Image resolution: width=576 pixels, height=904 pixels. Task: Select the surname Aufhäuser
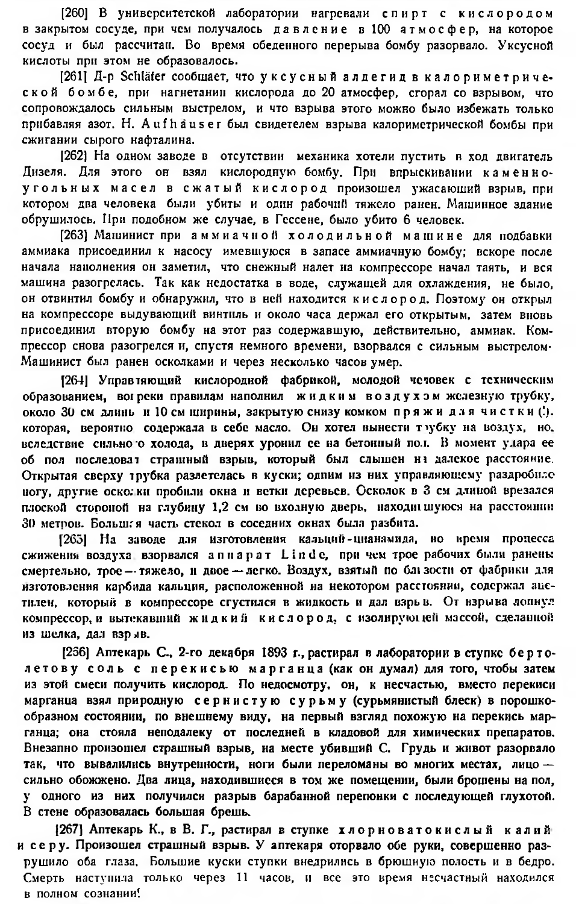tap(174, 125)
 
